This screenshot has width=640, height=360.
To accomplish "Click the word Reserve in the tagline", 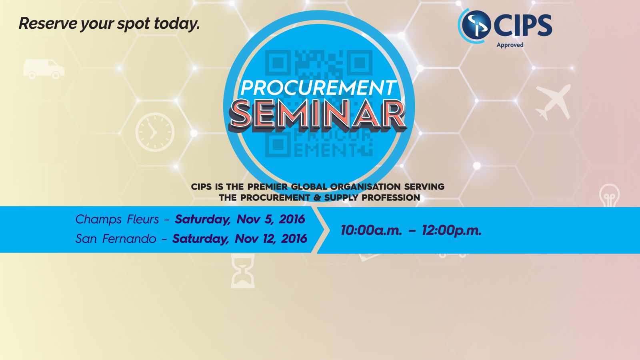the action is [x=48, y=24].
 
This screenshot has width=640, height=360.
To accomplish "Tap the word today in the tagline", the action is [x=176, y=24].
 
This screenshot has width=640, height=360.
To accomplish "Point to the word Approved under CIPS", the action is [x=510, y=45].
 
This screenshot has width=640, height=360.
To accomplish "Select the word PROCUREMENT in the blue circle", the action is [x=318, y=88].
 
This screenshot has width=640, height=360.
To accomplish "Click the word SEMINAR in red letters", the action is [x=318, y=115].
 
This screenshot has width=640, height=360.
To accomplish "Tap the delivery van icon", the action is [x=44, y=69].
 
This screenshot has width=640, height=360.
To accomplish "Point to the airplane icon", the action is [x=553, y=102].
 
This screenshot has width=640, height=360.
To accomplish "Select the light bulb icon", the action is [x=609, y=195].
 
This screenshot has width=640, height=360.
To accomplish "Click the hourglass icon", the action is [x=242, y=271].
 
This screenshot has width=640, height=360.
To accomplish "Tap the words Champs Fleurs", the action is [x=117, y=220].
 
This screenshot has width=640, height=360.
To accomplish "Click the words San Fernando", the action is [x=116, y=239].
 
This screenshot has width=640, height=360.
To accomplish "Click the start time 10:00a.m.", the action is [x=371, y=230].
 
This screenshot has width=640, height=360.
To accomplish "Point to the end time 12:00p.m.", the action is [x=452, y=231].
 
